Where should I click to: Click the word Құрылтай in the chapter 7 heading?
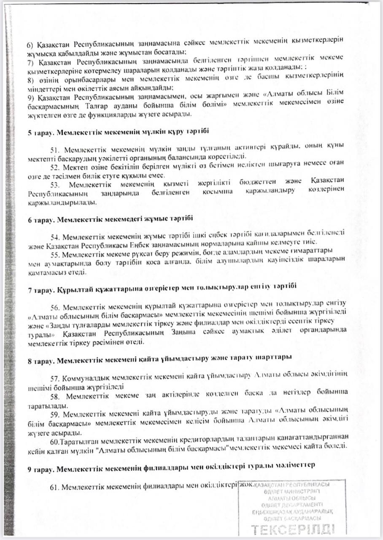point(71,286)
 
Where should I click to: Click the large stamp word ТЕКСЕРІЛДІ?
point(294,529)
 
